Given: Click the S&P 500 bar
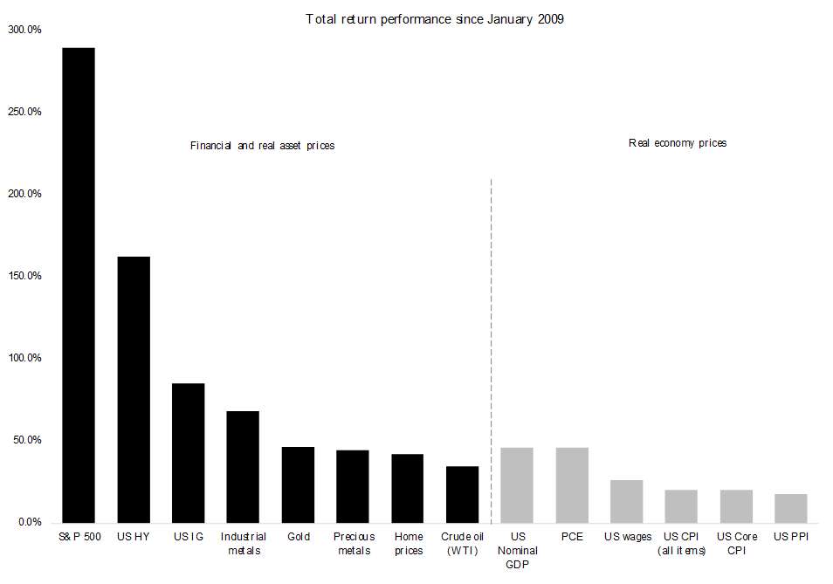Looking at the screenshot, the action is point(79,285).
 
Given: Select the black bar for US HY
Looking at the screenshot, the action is point(134,389).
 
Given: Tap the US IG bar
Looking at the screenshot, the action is point(188,453).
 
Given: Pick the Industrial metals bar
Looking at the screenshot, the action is point(243,467).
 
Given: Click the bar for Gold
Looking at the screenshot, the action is point(298,484).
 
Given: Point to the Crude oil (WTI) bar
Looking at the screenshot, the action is point(462,494).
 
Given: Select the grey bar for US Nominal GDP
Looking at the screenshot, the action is point(517,485).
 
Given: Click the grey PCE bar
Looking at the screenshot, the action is point(572,485).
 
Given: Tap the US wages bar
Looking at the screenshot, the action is point(626,501).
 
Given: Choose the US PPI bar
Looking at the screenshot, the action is point(790,509).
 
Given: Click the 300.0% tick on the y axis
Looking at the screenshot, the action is point(24,30).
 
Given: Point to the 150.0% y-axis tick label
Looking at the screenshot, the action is point(24,276).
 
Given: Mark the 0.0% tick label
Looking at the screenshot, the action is point(30,522).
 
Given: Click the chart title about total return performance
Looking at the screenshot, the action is point(435,20).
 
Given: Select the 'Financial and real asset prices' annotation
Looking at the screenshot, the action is point(263,146).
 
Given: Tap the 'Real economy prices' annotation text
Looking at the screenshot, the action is point(678,143).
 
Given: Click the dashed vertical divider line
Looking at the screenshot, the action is point(491,351).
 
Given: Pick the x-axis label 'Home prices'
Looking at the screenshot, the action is point(409,544).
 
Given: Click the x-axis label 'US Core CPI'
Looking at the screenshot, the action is point(736,544).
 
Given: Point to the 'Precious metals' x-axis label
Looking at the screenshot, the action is point(354,544).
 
